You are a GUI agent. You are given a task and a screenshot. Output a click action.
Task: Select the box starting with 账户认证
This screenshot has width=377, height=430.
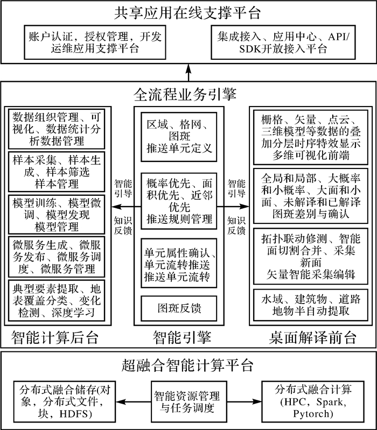[95, 42]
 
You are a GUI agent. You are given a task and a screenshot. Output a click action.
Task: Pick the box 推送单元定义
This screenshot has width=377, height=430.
[178, 137]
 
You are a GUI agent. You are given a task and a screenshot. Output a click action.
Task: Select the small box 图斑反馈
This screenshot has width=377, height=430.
[178, 309]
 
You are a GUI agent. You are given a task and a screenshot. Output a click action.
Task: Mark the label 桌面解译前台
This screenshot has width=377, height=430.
[312, 338]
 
